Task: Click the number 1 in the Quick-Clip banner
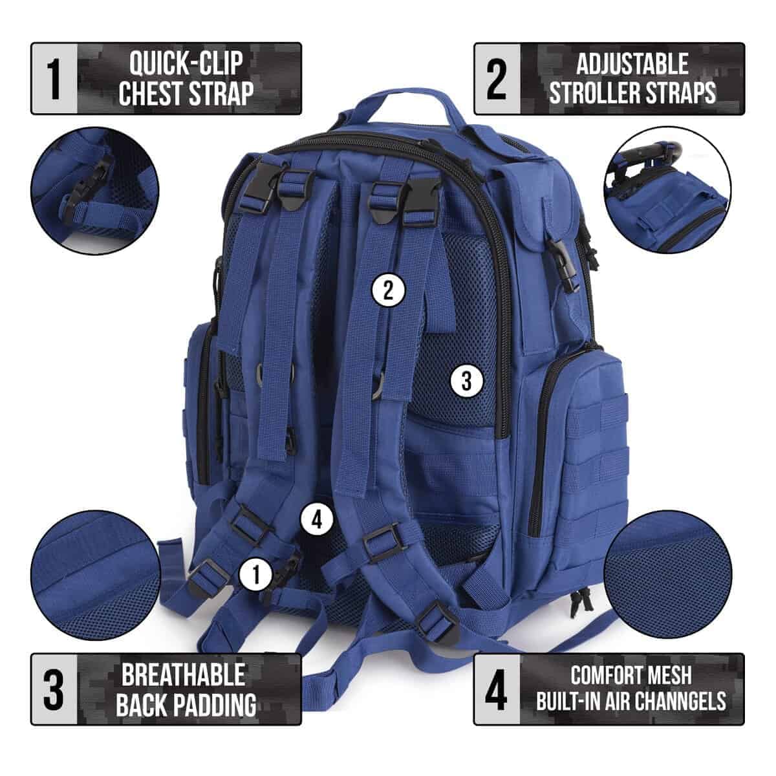click(54, 79)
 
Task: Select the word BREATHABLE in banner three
click(184, 675)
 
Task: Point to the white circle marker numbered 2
click(387, 290)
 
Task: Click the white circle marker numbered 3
click(466, 380)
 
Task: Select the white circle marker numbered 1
click(256, 575)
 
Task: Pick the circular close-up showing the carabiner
click(667, 190)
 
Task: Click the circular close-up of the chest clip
click(95, 190)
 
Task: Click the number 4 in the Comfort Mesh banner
click(496, 690)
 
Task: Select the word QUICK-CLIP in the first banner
click(186, 63)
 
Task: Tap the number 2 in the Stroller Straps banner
click(496, 79)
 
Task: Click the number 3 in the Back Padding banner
click(54, 690)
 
